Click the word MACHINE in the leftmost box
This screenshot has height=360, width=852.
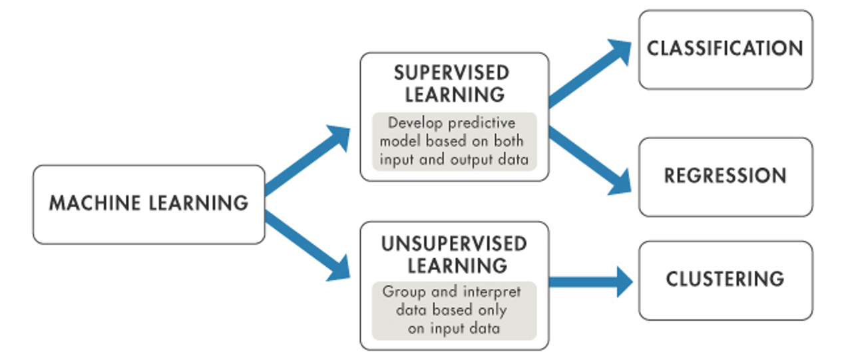tap(95, 202)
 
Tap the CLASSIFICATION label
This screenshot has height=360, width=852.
tap(726, 49)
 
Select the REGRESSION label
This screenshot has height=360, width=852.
tap(726, 176)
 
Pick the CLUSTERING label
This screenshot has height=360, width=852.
tap(726, 279)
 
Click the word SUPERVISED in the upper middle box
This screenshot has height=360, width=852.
tap(452, 73)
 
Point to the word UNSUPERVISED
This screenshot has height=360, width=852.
tap(454, 244)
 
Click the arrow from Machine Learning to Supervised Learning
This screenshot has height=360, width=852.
tap(308, 160)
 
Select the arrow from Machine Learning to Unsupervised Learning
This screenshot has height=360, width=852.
tap(308, 246)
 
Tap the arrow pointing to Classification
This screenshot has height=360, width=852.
tap(590, 73)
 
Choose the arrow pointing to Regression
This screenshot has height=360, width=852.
tap(590, 161)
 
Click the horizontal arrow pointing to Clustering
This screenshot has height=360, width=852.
tap(591, 282)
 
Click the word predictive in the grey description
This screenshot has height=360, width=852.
tap(482, 123)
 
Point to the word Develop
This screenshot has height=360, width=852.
tap(415, 123)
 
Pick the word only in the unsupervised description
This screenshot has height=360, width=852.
tap(493, 310)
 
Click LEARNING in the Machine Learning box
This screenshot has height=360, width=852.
tap(198, 202)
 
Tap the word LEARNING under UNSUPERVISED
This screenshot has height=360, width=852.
tap(457, 266)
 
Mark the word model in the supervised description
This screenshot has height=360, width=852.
tap(400, 141)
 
